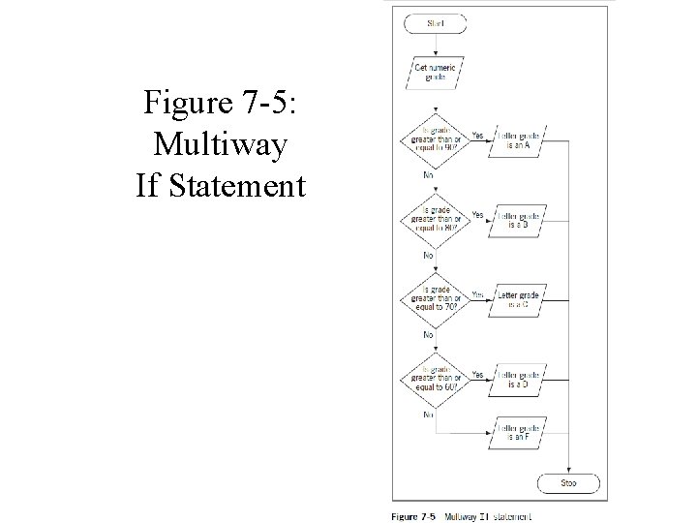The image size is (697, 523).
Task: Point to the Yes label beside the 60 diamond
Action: coord(477,373)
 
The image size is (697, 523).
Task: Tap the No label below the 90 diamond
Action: coord(428,175)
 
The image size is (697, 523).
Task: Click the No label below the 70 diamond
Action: coord(428,334)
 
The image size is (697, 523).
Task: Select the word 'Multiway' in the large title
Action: coord(220,144)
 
